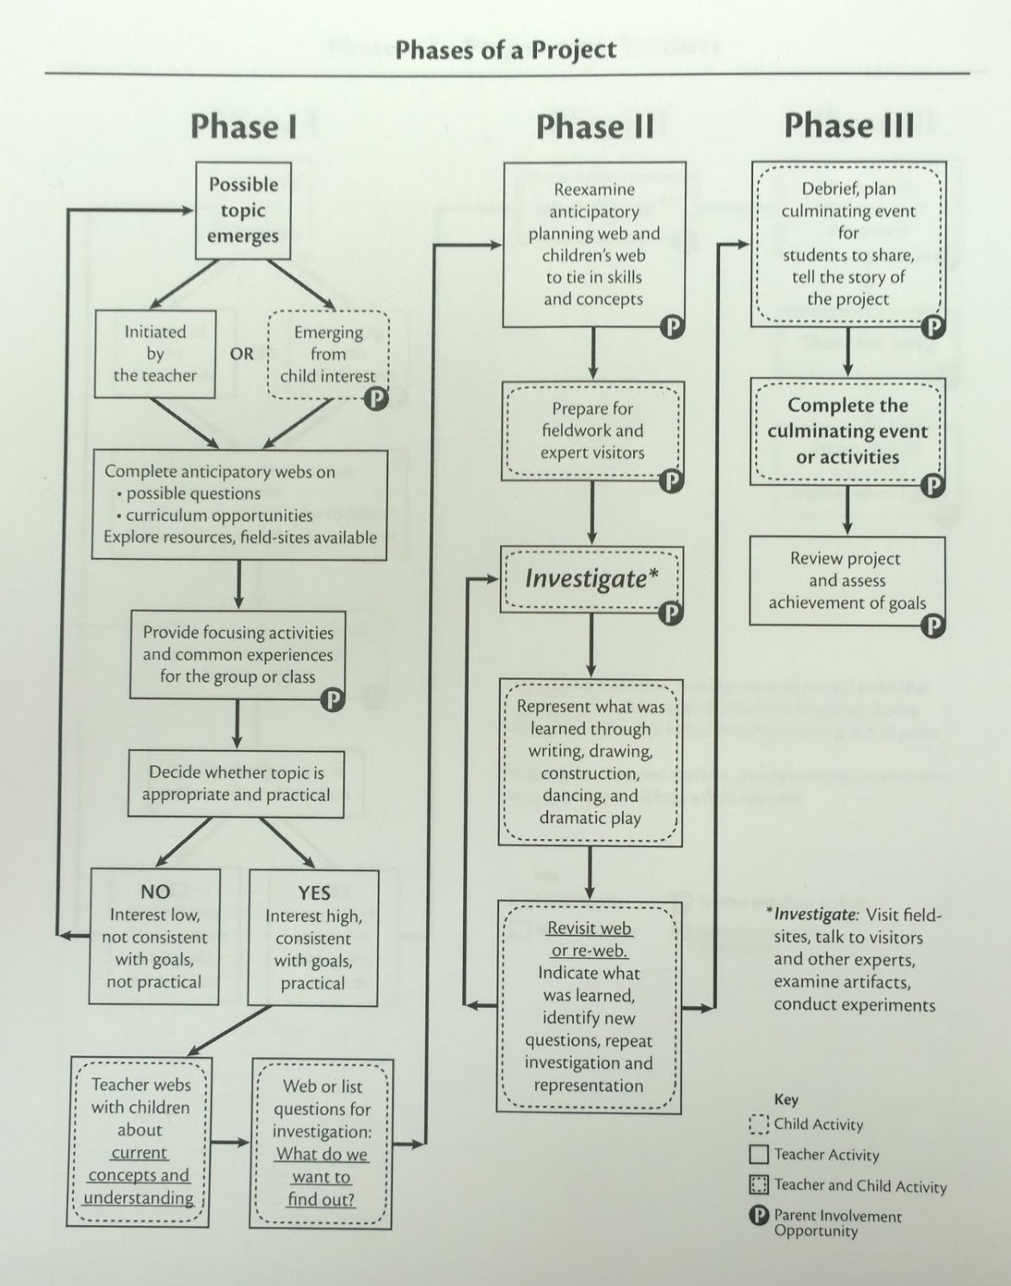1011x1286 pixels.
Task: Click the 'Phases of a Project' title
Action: click(x=506, y=50)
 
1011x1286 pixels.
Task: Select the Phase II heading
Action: click(x=595, y=127)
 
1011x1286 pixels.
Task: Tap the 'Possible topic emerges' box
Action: click(x=244, y=210)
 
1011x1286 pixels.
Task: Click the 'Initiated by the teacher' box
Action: click(x=155, y=354)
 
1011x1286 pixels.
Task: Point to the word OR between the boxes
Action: click(x=242, y=354)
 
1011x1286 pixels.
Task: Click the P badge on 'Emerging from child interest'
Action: click(x=377, y=399)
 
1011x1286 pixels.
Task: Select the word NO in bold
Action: click(x=156, y=892)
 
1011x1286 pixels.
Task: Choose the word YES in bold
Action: click(x=314, y=893)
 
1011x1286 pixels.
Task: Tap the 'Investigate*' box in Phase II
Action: click(x=592, y=579)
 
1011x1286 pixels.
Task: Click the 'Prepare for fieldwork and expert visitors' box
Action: click(x=593, y=431)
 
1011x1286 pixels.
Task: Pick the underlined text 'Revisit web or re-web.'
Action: click(x=589, y=939)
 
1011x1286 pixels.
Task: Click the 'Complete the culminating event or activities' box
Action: click(x=848, y=431)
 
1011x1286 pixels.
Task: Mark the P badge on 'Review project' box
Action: click(x=934, y=625)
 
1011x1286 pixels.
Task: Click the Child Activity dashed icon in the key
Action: click(x=759, y=1124)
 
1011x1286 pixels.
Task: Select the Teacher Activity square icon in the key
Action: click(x=759, y=1154)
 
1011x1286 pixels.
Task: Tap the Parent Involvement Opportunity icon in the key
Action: click(x=759, y=1216)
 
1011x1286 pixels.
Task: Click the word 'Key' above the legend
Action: click(x=786, y=1100)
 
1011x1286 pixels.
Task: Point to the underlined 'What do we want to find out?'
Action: click(x=322, y=1177)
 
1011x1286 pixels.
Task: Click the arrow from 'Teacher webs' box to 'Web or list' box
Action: click(x=230, y=1142)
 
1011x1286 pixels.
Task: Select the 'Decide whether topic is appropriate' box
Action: click(x=237, y=783)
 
